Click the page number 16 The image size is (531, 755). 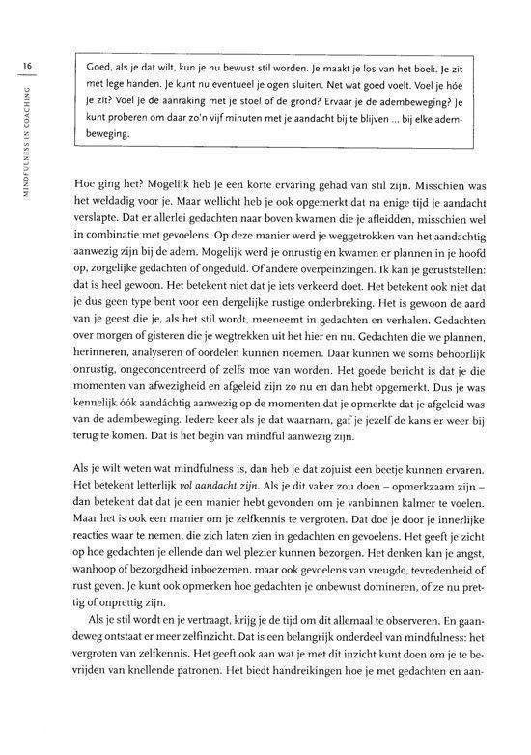point(29,66)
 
